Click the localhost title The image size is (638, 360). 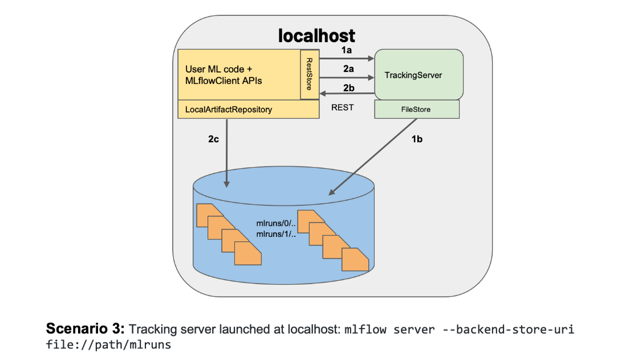(316, 35)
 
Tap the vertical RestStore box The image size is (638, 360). (309, 74)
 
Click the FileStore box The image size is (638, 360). (416, 109)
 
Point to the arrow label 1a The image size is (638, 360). (347, 50)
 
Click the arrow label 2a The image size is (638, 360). (347, 68)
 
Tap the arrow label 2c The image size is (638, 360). (214, 139)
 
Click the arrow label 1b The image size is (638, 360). (417, 139)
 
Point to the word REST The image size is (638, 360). (343, 107)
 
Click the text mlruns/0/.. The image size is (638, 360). (274, 224)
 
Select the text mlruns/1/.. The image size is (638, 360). (274, 234)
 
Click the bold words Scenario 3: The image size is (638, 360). (85, 329)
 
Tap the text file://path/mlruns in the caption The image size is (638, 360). (108, 345)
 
